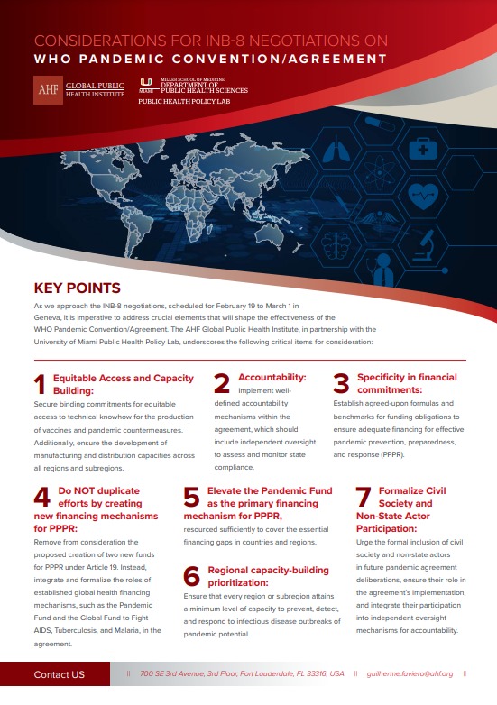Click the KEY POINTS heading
click(x=77, y=288)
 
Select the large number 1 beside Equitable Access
click(x=39, y=384)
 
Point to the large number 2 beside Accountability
click(x=222, y=384)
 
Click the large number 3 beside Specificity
click(x=341, y=384)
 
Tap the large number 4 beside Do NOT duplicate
click(x=41, y=499)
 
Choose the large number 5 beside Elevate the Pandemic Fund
click(x=191, y=499)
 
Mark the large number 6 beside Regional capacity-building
click(x=191, y=577)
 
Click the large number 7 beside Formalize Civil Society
click(x=363, y=499)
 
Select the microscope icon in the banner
click(x=430, y=243)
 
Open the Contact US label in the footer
click(x=59, y=674)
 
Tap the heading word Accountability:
click(x=272, y=377)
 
